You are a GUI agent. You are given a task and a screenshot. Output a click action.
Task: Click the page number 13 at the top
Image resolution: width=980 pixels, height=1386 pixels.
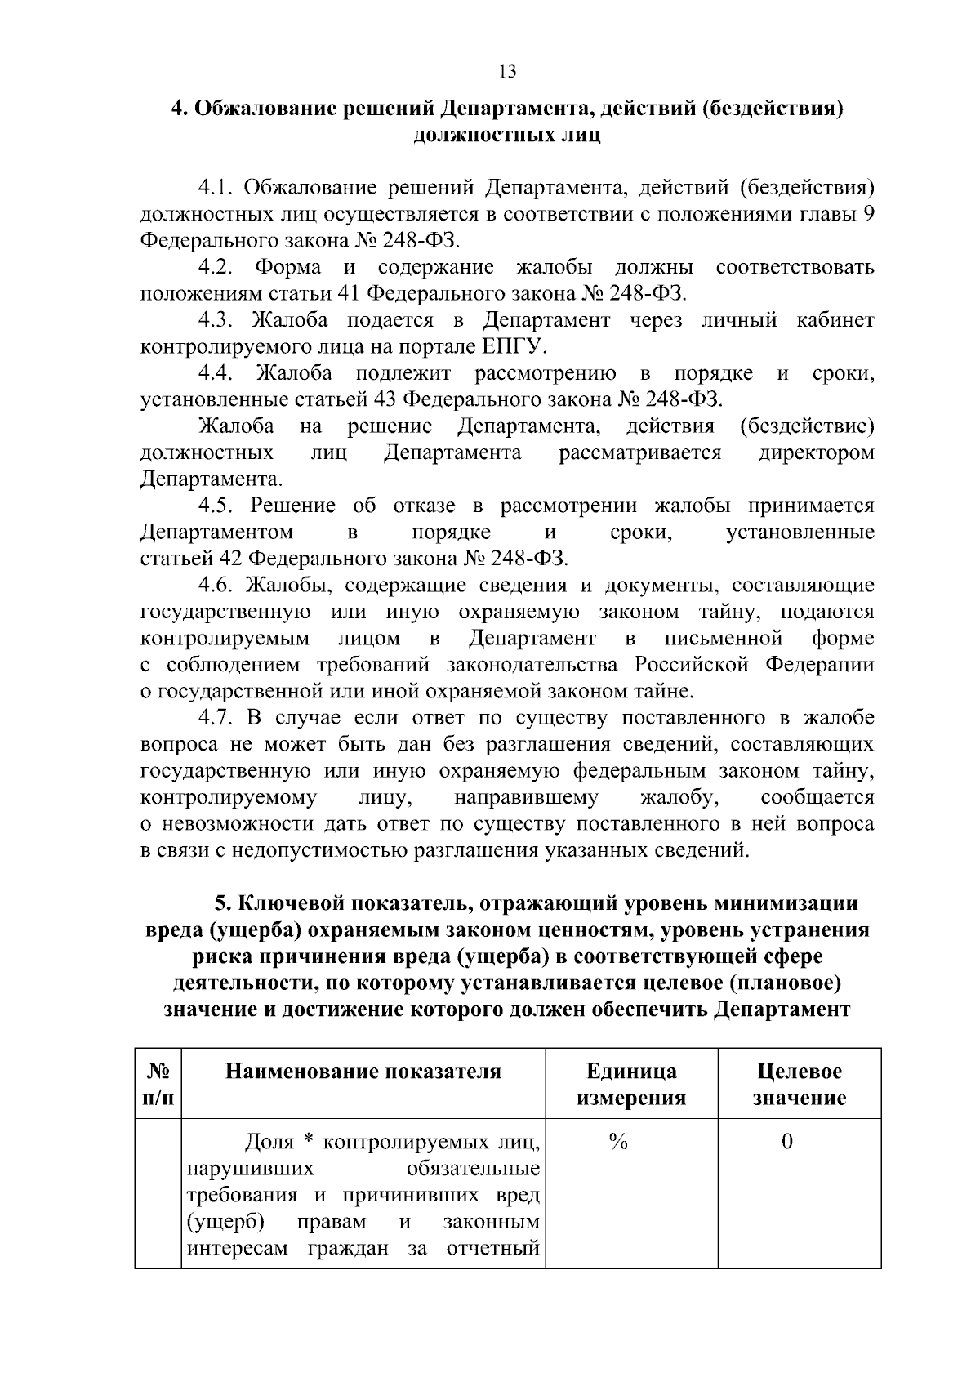click(506, 72)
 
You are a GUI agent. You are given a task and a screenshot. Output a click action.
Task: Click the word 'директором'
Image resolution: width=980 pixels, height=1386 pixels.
click(817, 452)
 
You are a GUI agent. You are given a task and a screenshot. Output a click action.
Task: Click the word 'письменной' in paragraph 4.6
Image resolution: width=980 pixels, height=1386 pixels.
click(724, 638)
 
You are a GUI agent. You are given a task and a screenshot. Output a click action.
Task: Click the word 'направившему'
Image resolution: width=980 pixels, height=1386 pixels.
click(526, 797)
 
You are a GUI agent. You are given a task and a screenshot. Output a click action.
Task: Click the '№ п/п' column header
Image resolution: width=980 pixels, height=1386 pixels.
click(158, 1084)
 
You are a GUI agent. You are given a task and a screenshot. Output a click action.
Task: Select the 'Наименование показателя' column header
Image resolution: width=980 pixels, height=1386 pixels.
click(363, 1072)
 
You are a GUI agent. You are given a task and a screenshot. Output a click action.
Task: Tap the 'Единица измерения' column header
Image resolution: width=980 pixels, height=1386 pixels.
click(631, 1084)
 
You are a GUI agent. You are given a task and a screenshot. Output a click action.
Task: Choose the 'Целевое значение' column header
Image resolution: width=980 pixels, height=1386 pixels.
click(799, 1084)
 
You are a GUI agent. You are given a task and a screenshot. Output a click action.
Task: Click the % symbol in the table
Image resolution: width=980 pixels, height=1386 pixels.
click(618, 1143)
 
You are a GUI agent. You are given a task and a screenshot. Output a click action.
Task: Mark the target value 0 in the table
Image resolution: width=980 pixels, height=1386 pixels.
click(786, 1143)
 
